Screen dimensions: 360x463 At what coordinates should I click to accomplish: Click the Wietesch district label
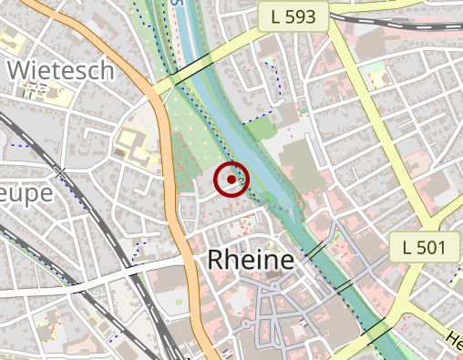tap(60, 70)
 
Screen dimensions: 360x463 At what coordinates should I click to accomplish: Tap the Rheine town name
tap(252, 260)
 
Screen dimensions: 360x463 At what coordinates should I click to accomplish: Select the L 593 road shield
tap(293, 16)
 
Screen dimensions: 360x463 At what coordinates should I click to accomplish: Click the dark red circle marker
tap(231, 180)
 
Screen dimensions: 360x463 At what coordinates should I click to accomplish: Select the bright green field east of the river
tap(262, 129)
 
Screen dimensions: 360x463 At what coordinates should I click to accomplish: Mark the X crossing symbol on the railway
tap(60, 172)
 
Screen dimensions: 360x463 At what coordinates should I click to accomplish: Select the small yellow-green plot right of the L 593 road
tap(373, 72)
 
